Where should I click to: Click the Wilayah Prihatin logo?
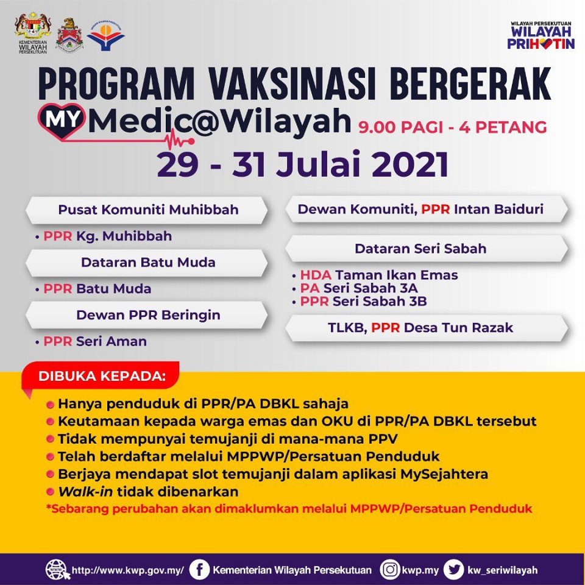coord(541,35)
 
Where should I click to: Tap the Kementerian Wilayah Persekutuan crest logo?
coord(33,33)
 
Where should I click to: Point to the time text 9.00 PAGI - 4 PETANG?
coord(453,127)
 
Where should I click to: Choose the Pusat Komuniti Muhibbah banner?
coord(147,210)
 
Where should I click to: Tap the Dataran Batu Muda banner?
coord(147,263)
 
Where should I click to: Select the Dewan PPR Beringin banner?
coord(147,315)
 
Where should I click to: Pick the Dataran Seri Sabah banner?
coord(427,249)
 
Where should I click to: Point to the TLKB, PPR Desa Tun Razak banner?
coord(427,328)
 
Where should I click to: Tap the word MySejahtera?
coord(444,474)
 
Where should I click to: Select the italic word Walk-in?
coord(85,492)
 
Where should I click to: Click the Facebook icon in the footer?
coord(199,570)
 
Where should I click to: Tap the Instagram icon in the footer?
coord(390,570)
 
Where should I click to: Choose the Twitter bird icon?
coord(453,570)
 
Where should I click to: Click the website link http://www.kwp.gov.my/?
coord(127,570)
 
